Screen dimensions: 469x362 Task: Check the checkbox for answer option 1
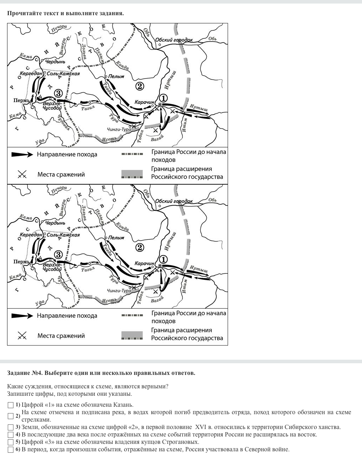tap(11, 405)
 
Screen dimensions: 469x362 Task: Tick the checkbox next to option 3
tap(11, 427)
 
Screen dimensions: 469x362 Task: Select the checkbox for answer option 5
tap(11, 442)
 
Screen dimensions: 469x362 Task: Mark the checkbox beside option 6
tap(11, 450)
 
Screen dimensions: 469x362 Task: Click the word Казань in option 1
tap(123, 405)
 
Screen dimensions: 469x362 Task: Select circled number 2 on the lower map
tap(140, 247)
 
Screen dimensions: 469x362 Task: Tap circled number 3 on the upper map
tap(58, 93)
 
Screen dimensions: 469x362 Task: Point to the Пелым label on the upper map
tap(116, 76)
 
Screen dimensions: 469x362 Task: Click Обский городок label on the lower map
tap(174, 201)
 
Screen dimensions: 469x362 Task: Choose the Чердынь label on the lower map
tap(55, 223)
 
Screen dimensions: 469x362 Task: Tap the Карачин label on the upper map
tap(144, 102)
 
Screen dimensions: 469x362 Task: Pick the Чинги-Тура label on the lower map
tap(119, 291)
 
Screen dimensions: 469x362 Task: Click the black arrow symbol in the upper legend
tap(22, 155)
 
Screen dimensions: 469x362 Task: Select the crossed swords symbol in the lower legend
tap(22, 336)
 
